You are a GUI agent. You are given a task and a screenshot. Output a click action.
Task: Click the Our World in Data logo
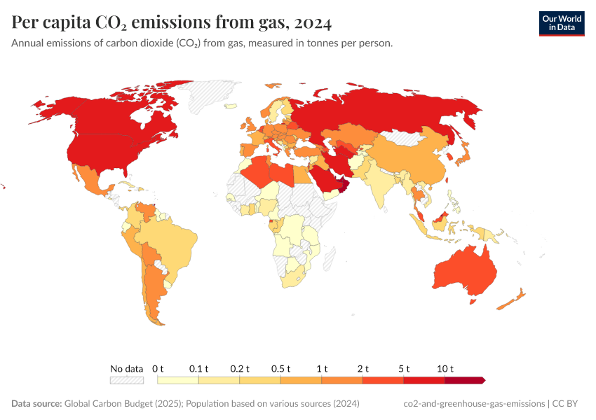(561, 23)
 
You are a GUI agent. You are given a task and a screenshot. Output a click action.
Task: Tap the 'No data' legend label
(126, 368)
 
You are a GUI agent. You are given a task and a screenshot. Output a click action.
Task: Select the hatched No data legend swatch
(126, 380)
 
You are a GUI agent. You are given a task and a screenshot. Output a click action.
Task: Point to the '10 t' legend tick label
(445, 368)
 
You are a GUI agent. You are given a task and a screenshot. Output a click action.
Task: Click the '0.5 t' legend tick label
(281, 368)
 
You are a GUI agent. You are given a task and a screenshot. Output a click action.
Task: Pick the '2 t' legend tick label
(363, 368)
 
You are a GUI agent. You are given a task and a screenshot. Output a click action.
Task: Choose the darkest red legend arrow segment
(464, 380)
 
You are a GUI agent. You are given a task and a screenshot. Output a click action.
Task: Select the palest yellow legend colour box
(178, 380)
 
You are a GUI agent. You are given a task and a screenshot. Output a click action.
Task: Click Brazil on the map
(172, 241)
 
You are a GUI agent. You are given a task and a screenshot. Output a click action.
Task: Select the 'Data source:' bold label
(36, 404)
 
